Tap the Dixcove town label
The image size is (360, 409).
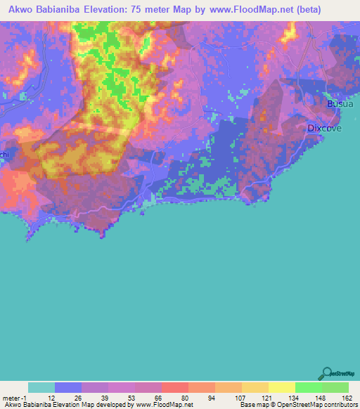point(325,128)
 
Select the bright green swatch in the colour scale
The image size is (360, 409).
point(308,387)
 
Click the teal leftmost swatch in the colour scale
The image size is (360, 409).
point(41,387)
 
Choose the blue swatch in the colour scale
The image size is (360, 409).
point(68,387)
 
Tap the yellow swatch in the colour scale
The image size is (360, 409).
point(281,387)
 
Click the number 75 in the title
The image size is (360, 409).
point(157,8)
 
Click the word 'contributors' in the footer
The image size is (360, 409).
point(339,405)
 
